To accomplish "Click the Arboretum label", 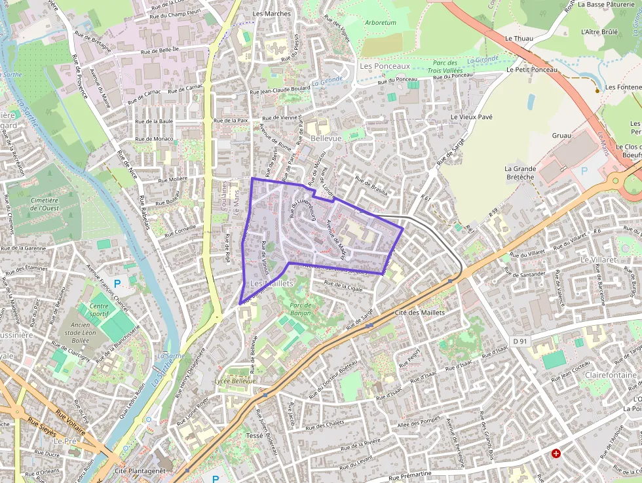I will pyautogui.click(x=380, y=22).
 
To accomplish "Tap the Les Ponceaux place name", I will pyautogui.click(x=385, y=66).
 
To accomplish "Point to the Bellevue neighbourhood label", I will pyautogui.click(x=326, y=139).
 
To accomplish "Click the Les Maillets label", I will pyautogui.click(x=272, y=283).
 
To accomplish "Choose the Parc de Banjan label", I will pyautogui.click(x=300, y=309).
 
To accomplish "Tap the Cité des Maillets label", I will pyautogui.click(x=420, y=313).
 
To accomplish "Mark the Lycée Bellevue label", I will pyautogui.click(x=235, y=381).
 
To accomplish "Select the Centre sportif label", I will pyautogui.click(x=99, y=310).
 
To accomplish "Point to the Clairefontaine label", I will pyautogui.click(x=611, y=375).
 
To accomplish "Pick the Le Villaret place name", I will pyautogui.click(x=599, y=260).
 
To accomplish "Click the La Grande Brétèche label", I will pyautogui.click(x=520, y=173).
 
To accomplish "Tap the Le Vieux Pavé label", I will pyautogui.click(x=471, y=117).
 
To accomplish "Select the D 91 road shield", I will pyautogui.click(x=519, y=341).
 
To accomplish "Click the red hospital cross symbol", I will pyautogui.click(x=556, y=453).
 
